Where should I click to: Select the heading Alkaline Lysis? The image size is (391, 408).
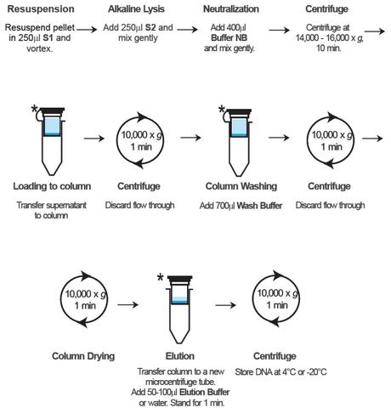click(x=141, y=8)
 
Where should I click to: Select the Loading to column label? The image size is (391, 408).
click(x=48, y=185)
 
